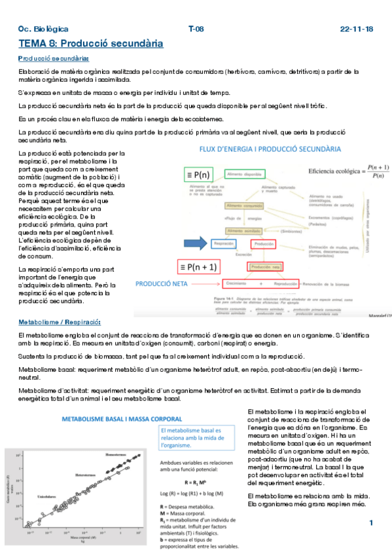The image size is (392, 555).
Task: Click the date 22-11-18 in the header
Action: click(x=357, y=29)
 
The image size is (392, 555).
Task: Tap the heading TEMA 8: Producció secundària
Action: click(x=90, y=44)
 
